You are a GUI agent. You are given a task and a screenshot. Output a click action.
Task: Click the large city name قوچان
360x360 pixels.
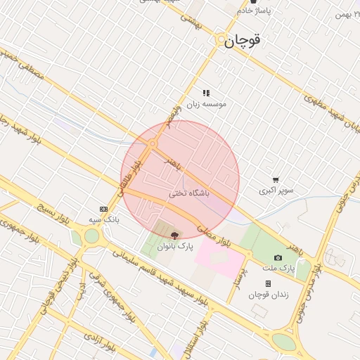243,41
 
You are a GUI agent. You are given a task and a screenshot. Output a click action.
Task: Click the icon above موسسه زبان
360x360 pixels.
206,92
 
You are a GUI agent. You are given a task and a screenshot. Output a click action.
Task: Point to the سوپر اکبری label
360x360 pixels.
277,191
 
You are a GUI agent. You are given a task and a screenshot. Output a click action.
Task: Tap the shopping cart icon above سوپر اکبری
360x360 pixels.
276,180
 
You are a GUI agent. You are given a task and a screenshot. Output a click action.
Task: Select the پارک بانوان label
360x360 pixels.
174,247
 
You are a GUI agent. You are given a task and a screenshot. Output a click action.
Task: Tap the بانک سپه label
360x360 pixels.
103,220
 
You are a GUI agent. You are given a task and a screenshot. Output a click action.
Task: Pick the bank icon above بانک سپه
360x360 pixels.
104,209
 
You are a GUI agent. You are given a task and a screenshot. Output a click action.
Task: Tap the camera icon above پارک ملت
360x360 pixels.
278,258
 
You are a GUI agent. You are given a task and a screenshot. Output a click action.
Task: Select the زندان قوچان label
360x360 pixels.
269,294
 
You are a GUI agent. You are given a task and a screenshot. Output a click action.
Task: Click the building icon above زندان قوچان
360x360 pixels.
269,283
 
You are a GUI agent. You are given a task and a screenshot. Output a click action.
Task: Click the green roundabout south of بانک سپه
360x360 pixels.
91,236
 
